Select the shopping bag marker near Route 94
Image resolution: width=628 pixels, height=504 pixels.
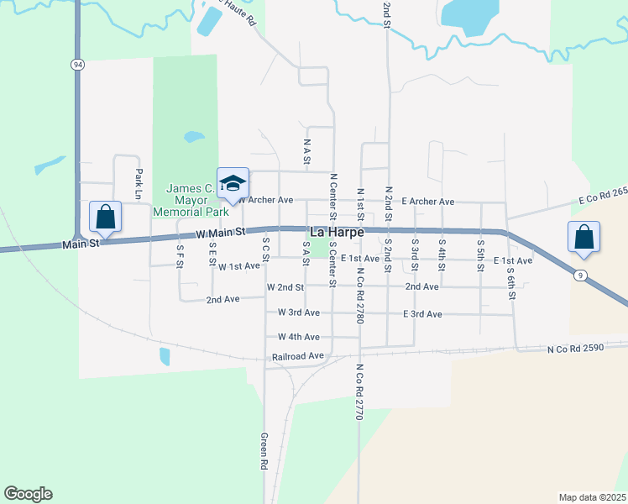pyautogui.click(x=106, y=218)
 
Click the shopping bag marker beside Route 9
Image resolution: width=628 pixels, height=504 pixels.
pyautogui.click(x=584, y=238)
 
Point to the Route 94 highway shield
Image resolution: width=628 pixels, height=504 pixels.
pyautogui.click(x=77, y=64)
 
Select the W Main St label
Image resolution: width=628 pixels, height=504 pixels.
pyautogui.click(x=221, y=233)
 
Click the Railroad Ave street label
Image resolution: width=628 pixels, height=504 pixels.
pyautogui.click(x=297, y=357)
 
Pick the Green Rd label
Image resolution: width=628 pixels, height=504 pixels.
pyautogui.click(x=264, y=451)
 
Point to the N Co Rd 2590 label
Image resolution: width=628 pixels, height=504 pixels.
pyautogui.click(x=575, y=347)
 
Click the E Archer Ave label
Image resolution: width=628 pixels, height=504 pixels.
pyautogui.click(x=427, y=202)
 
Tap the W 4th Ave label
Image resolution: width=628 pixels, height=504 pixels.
pyautogui.click(x=299, y=337)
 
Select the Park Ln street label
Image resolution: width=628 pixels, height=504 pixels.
pyautogui.click(x=139, y=183)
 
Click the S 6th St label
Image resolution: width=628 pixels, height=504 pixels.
pyautogui.click(x=510, y=283)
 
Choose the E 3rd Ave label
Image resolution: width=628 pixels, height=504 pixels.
pyautogui.click(x=422, y=314)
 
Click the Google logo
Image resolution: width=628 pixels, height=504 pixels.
pyautogui.click(x=28, y=494)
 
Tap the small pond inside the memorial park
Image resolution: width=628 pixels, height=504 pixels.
pyautogui.click(x=194, y=135)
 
